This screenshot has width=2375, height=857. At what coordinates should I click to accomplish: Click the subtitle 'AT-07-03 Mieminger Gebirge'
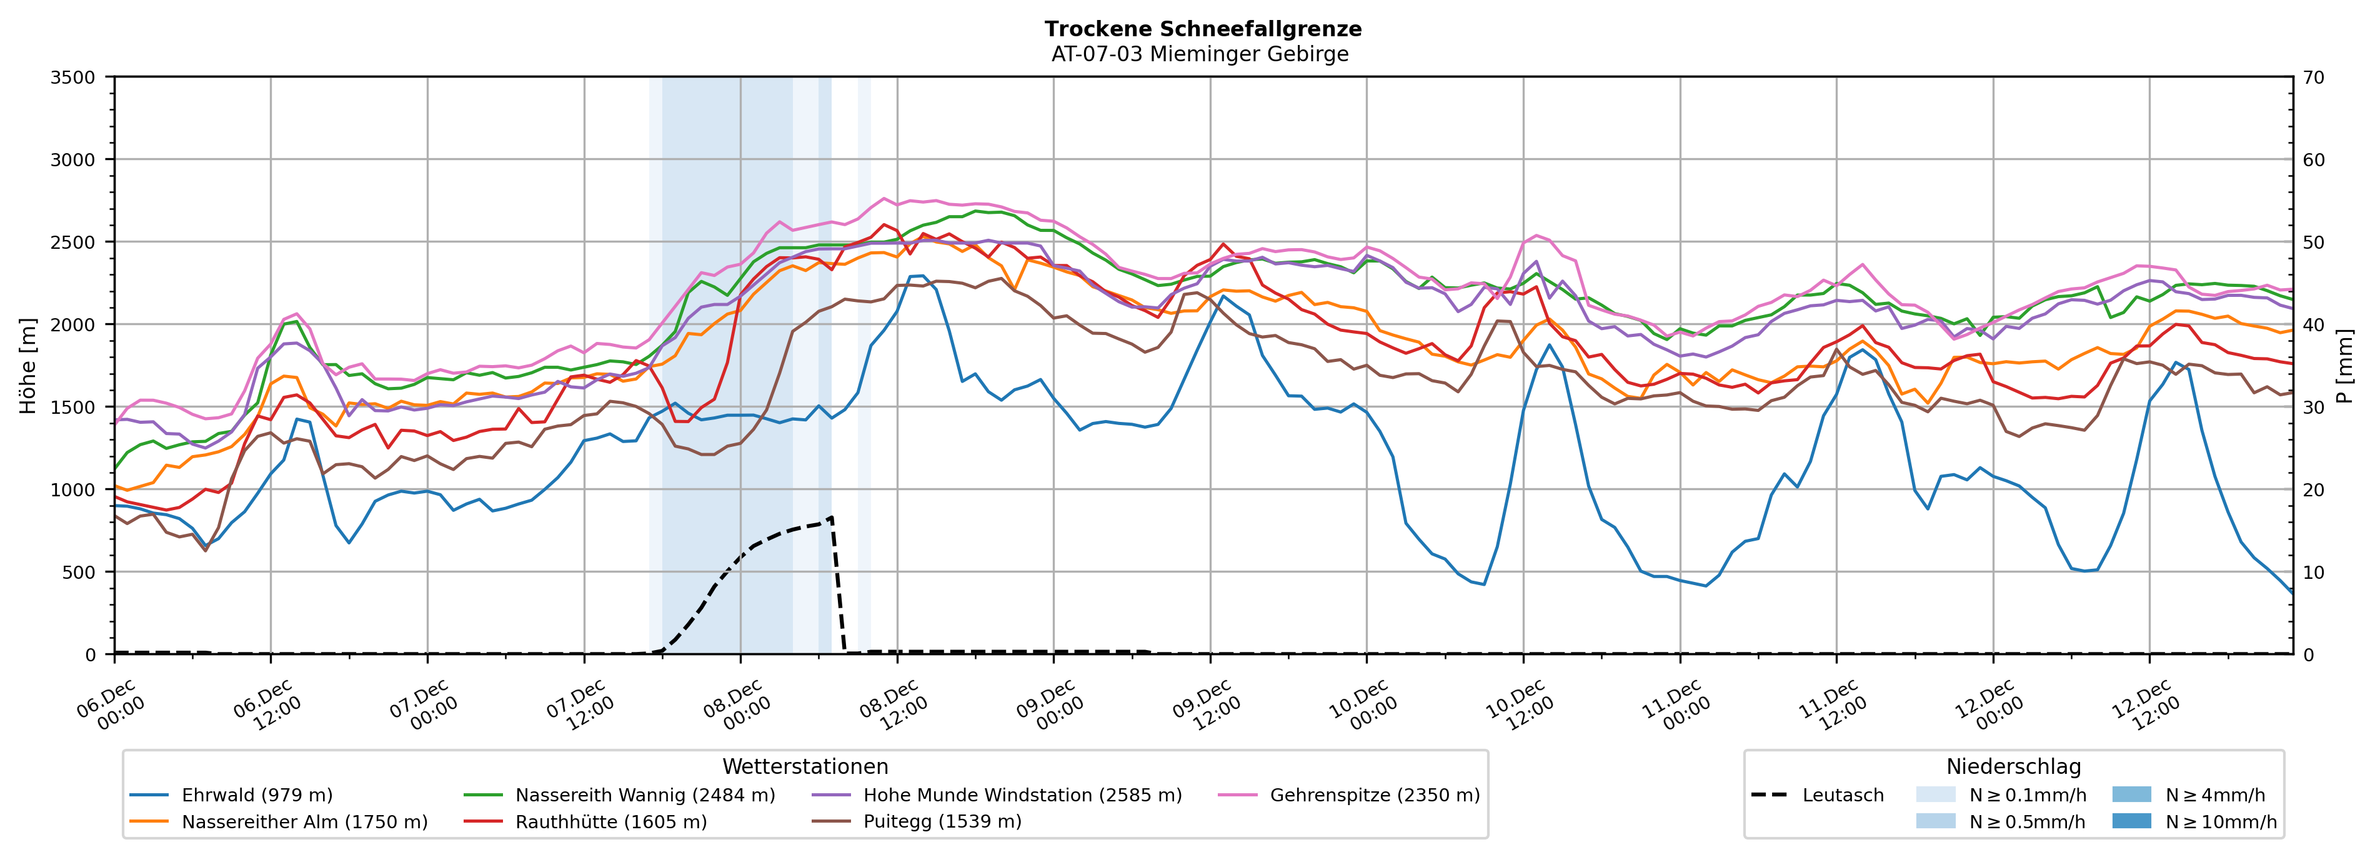tap(1200, 54)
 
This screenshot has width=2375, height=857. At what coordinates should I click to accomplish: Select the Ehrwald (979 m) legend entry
tap(256, 795)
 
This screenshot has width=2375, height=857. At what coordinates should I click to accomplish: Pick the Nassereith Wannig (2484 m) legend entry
tap(644, 795)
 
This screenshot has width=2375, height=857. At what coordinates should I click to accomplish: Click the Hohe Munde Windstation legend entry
tap(1022, 795)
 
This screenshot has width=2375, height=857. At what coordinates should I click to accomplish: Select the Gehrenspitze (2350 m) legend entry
tap(1374, 795)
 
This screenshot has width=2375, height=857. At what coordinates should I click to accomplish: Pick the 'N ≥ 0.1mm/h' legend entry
tap(2026, 795)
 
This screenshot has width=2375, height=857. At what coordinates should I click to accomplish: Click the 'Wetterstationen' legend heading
tap(805, 766)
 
